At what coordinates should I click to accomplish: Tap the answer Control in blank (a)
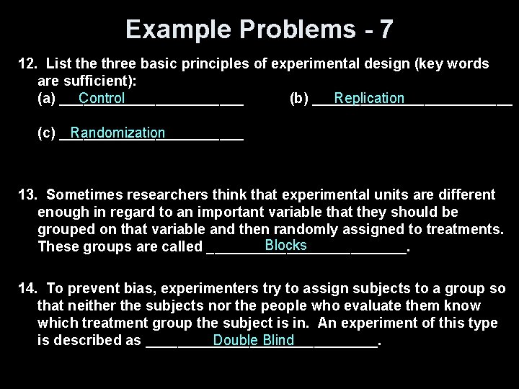tap(102, 98)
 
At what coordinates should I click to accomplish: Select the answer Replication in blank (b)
tap(369, 98)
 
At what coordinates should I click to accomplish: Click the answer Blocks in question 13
tap(285, 245)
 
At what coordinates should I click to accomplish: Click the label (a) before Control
tap(45, 99)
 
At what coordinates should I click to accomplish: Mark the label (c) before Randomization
tap(45, 133)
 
